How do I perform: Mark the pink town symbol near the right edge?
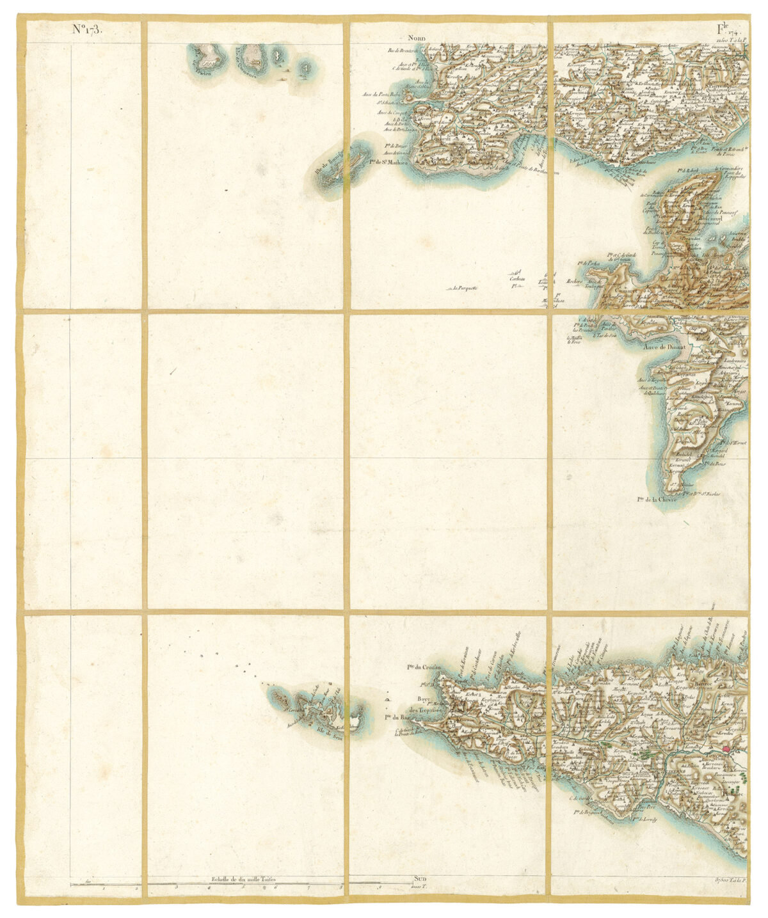726,748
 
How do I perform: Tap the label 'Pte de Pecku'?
589,263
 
